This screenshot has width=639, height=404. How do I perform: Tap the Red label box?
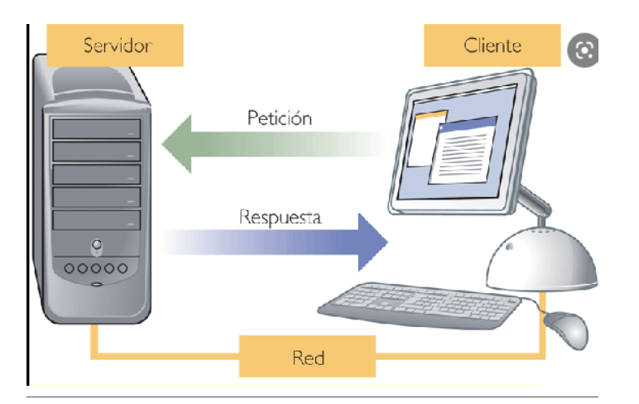[308, 357]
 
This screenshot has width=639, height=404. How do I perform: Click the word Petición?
[280, 118]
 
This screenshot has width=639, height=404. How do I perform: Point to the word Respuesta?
[280, 218]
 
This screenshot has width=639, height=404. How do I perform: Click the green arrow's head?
[178, 146]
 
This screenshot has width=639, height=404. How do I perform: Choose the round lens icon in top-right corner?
[584, 50]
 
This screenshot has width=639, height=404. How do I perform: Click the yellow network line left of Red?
[166, 358]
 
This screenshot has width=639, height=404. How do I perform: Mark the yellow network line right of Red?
[464, 358]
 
